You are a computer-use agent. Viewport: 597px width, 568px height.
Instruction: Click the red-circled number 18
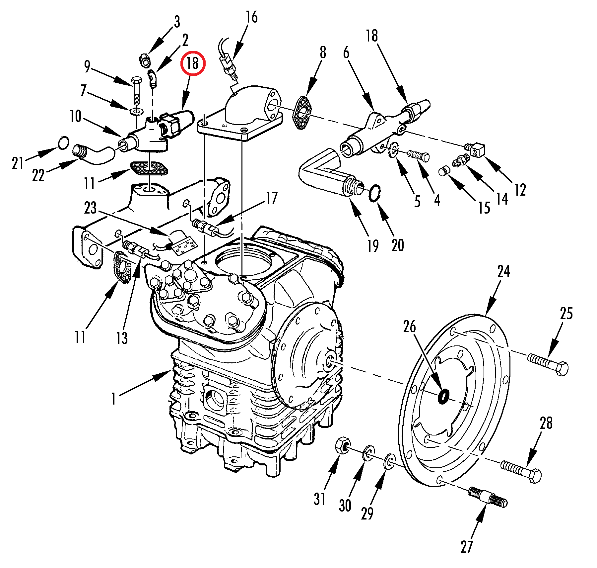click(193, 63)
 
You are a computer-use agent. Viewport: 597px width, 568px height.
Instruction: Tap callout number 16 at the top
click(251, 17)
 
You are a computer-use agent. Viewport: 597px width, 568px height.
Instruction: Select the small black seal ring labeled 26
click(443, 396)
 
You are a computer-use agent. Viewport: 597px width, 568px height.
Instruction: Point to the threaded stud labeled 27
click(488, 497)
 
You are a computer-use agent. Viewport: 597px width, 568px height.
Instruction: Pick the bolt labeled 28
click(521, 471)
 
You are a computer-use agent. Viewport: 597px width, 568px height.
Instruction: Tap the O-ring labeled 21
click(63, 143)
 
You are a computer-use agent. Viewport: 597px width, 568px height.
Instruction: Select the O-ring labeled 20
click(375, 193)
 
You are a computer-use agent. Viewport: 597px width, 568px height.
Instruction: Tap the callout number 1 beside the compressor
click(114, 398)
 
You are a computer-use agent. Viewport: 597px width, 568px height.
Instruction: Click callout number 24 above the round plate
click(503, 271)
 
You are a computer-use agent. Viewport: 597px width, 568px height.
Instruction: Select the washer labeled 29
click(389, 461)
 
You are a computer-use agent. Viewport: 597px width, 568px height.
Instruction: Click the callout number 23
click(90, 208)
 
